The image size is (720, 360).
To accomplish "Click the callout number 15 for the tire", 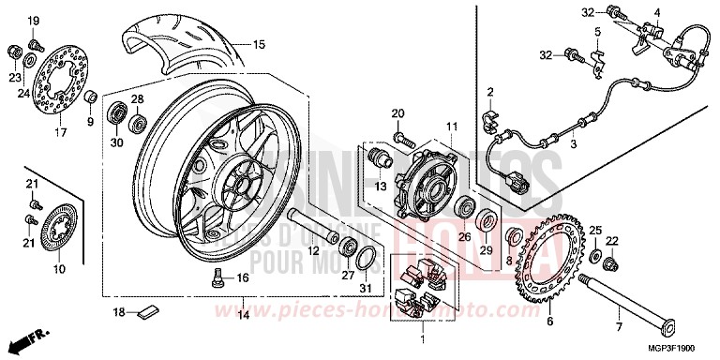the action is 259,44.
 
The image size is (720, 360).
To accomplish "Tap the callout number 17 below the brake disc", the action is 61,133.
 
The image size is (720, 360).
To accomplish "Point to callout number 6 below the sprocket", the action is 550,321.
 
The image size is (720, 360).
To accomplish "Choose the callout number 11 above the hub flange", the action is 450,126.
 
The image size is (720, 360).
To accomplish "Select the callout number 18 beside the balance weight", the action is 119,311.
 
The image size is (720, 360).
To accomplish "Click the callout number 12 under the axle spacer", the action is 312,250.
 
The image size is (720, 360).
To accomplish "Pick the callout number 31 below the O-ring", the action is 366,287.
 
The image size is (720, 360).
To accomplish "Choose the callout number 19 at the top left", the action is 33,21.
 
